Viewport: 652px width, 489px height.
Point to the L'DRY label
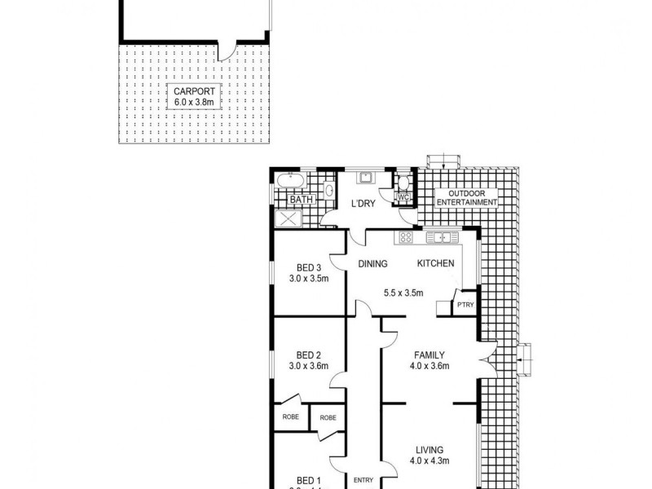pos(363,204)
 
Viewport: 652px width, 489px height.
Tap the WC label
pos(403,197)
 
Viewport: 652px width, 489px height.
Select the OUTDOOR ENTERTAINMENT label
pos(467,197)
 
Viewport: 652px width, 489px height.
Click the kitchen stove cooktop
pos(404,238)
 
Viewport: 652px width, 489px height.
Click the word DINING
pos(373,264)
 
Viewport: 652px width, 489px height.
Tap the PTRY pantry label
pos(465,305)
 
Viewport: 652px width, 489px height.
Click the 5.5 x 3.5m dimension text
pos(403,293)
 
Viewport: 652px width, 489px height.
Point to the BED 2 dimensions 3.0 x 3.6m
pos(308,366)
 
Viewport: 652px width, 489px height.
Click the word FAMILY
pos(429,355)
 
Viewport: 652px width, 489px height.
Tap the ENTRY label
pos(363,480)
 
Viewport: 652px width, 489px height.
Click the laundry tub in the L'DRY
pos(366,178)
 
